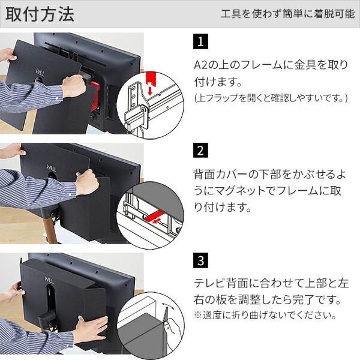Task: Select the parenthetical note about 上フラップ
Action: tap(270, 97)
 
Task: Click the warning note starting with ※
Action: tap(265, 315)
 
